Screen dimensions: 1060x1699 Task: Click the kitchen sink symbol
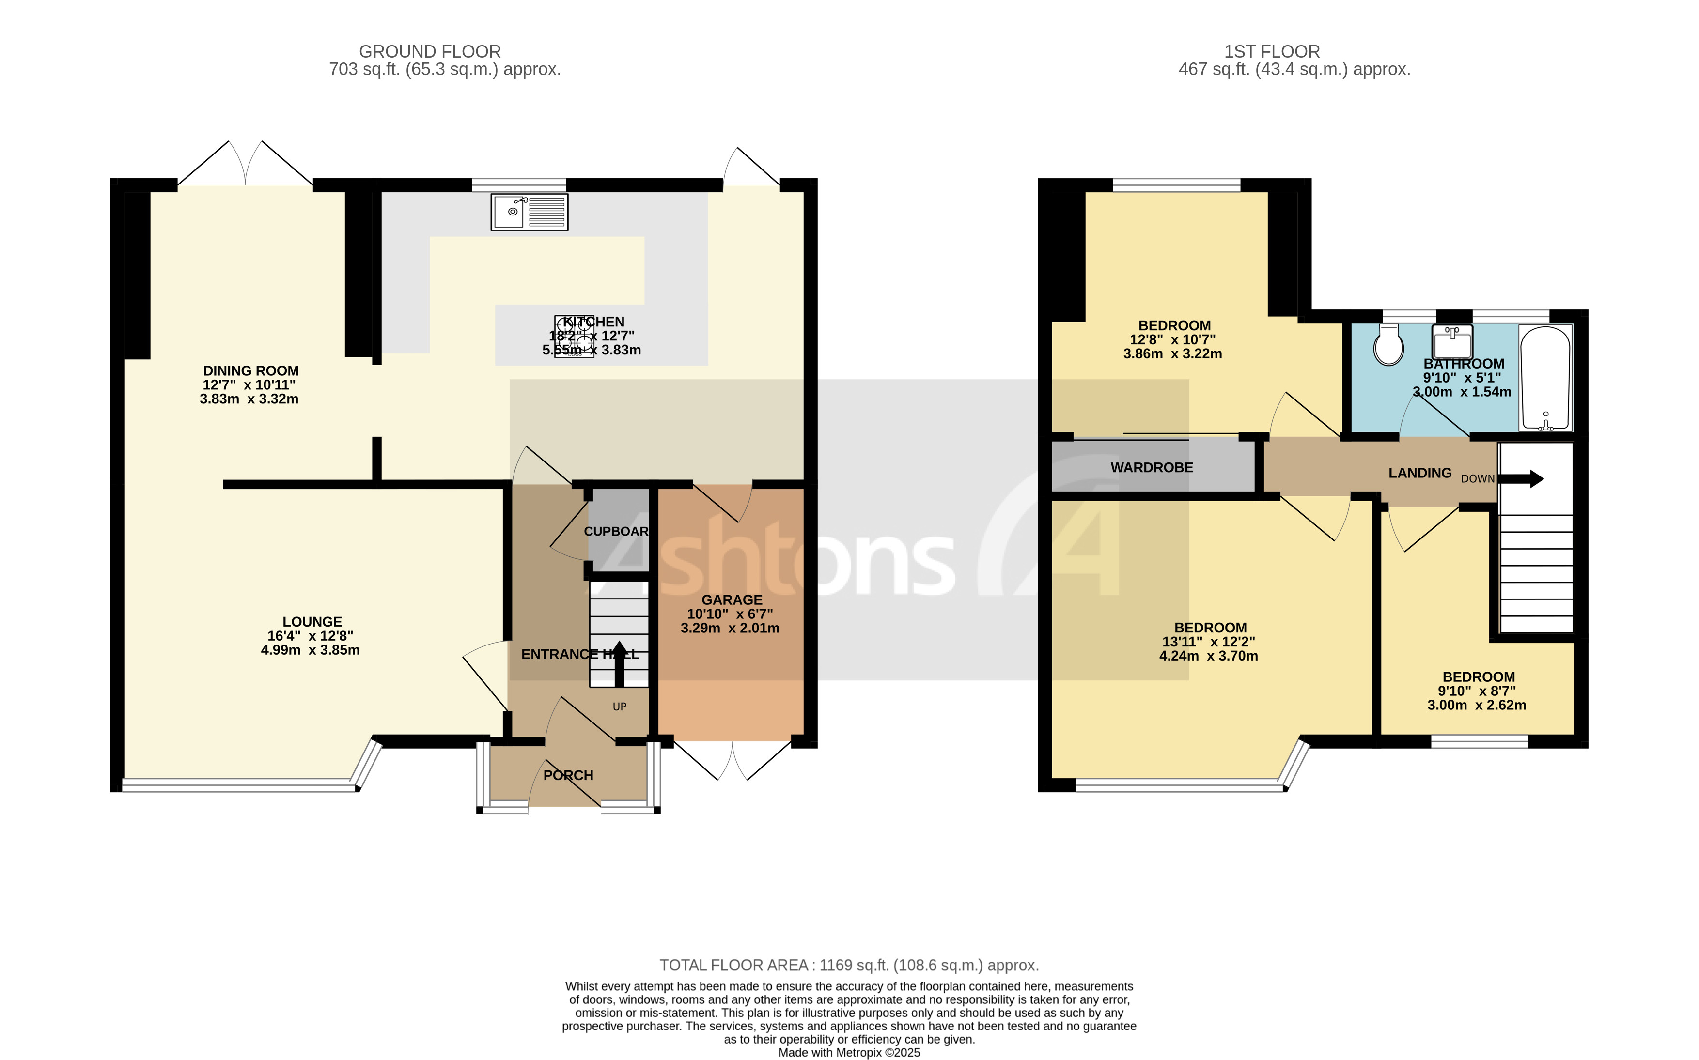click(530, 212)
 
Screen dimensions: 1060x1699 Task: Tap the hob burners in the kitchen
click(574, 337)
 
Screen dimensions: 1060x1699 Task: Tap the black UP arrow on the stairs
click(619, 663)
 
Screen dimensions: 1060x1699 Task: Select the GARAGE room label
click(732, 600)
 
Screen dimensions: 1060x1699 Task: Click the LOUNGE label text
click(312, 622)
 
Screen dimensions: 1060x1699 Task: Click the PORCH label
click(568, 775)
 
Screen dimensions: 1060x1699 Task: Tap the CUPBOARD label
click(616, 531)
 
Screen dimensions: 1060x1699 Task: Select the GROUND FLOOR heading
click(429, 52)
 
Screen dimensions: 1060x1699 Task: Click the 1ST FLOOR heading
click(1271, 52)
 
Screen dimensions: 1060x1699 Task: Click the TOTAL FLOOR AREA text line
click(848, 966)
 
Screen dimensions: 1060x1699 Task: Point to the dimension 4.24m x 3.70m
click(1208, 656)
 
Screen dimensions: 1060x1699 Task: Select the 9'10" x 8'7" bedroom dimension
click(1476, 691)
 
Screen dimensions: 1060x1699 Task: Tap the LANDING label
click(1419, 473)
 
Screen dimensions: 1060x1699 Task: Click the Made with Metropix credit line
click(848, 1052)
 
